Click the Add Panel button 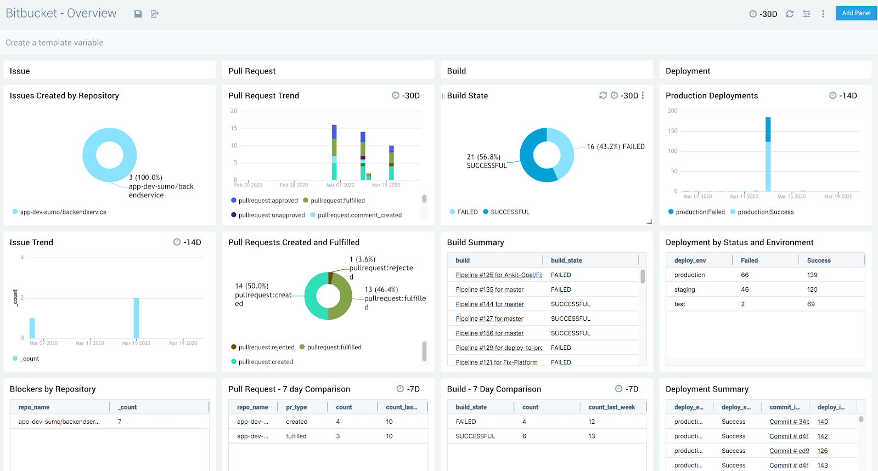(x=856, y=13)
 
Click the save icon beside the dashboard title (x=138, y=14)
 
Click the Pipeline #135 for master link (x=489, y=290)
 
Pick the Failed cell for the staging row (x=745, y=290)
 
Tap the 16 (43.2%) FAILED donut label (x=616, y=146)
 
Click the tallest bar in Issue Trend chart (x=136, y=318)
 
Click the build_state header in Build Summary (x=566, y=260)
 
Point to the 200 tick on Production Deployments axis (x=672, y=111)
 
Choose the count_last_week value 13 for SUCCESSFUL (x=592, y=436)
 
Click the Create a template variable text (x=54, y=43)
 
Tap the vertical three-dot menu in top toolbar (x=823, y=14)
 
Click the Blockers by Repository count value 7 (x=120, y=422)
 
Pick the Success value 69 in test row (x=811, y=304)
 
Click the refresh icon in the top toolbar (x=790, y=14)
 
